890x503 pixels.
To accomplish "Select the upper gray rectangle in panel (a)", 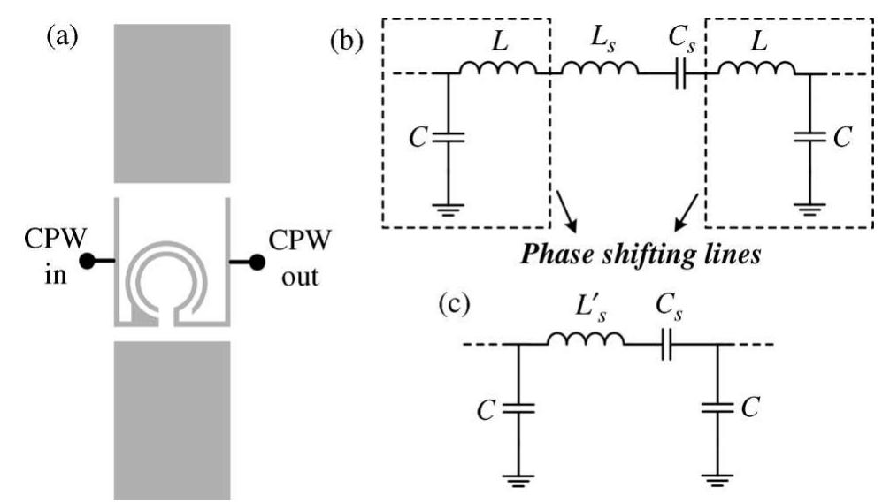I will coord(172,98).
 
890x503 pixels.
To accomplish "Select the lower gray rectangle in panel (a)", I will coord(172,419).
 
